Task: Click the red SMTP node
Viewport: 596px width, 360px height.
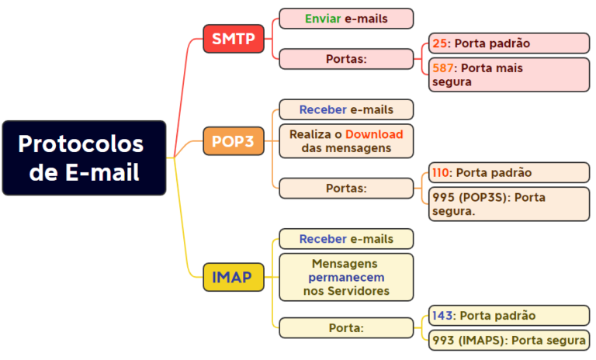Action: click(x=234, y=39)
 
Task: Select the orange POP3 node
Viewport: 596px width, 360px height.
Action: click(x=233, y=141)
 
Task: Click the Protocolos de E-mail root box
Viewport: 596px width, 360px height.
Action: click(x=84, y=157)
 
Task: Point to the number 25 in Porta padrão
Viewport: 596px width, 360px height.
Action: click(x=439, y=43)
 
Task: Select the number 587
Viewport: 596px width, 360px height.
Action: click(x=444, y=68)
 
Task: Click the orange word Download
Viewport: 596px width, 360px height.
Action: click(x=374, y=134)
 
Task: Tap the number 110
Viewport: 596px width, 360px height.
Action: click(x=442, y=172)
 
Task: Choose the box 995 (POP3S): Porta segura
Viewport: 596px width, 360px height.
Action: click(x=508, y=204)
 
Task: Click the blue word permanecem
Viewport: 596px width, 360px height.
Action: click(x=346, y=277)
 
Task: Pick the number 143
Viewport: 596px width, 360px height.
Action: click(x=442, y=316)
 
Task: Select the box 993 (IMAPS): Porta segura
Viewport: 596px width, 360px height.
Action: click(x=508, y=340)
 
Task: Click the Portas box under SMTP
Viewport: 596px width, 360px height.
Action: click(x=346, y=59)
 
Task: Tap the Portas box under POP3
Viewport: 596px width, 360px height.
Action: click(x=346, y=188)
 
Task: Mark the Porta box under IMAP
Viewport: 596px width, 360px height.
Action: click(x=346, y=328)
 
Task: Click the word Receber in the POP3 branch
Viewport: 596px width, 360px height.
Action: click(x=323, y=109)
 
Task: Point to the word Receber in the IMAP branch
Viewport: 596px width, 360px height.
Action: click(x=323, y=239)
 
